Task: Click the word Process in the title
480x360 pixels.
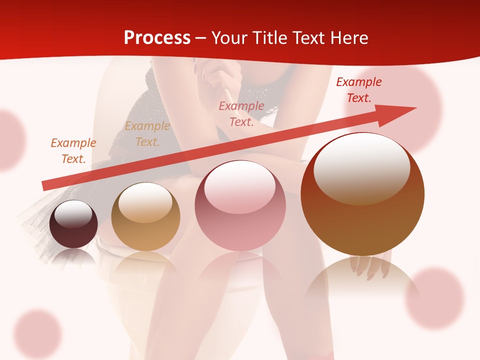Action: coord(157,37)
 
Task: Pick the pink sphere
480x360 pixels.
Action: coord(240,205)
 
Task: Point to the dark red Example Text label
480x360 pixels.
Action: coord(358,90)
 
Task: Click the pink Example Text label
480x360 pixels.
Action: coord(241,113)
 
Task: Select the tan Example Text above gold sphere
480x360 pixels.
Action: coord(147,133)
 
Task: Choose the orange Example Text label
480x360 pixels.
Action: coord(73,150)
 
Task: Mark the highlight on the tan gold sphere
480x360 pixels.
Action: coord(145,202)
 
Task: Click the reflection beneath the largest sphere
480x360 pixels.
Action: coord(362,280)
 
